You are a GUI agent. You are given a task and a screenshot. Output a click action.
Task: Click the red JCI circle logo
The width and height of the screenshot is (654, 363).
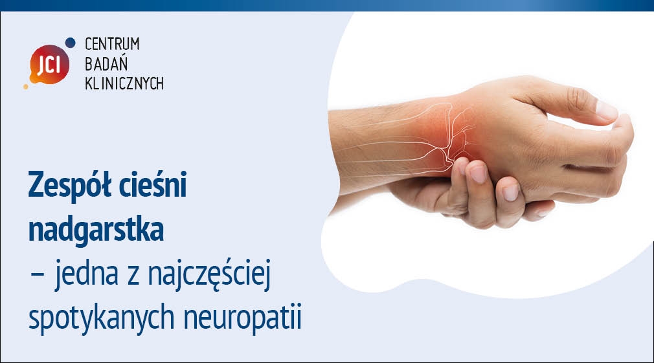point(49,65)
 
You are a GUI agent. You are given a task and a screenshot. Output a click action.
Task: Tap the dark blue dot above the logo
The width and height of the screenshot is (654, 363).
point(71,42)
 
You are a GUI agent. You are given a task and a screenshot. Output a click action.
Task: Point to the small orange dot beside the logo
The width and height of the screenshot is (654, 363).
point(26,86)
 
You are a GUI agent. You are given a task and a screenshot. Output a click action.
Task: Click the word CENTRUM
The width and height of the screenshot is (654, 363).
point(112,44)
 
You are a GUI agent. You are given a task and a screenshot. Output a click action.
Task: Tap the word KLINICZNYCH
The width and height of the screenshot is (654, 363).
point(124,83)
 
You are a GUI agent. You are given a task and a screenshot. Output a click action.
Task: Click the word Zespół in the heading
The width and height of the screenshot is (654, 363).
point(69,184)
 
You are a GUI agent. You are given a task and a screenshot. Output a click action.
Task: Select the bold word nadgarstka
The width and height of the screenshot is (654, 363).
point(96,230)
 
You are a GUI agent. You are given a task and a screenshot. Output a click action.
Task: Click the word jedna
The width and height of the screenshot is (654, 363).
point(86,274)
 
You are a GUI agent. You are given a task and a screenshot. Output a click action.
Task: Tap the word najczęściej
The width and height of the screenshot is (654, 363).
point(210,274)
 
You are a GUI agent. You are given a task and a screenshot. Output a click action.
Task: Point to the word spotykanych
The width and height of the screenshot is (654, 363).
point(102,318)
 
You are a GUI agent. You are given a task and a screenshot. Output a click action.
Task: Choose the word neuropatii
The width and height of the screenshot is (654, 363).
point(242,318)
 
